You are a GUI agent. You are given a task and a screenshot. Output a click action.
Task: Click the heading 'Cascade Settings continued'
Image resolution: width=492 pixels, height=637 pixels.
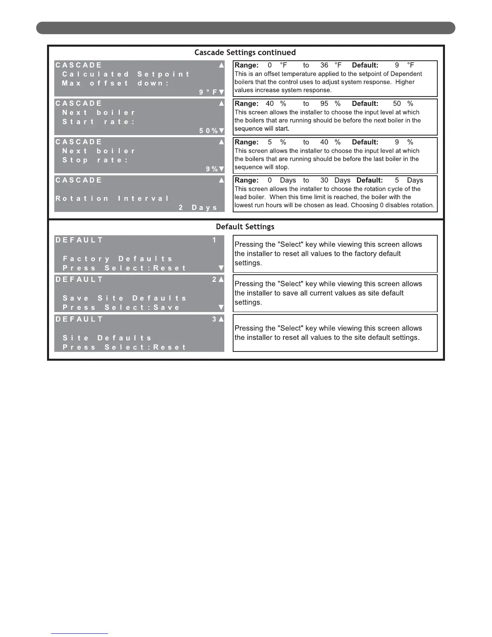click(245, 52)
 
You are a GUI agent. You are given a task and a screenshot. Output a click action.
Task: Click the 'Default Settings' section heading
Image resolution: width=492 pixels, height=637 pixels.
click(245, 226)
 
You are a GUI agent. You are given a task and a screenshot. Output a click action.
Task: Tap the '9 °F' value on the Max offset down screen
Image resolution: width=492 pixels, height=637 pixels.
click(208, 92)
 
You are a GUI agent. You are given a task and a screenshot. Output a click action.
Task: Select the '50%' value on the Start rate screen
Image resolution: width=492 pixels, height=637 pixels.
click(208, 131)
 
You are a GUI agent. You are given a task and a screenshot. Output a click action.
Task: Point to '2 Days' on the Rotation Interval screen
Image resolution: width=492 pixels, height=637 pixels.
click(198, 208)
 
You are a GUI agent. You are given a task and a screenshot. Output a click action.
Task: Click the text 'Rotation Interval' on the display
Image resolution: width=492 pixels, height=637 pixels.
click(112, 198)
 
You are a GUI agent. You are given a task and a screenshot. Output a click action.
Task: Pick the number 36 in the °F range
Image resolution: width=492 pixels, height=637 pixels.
click(324, 65)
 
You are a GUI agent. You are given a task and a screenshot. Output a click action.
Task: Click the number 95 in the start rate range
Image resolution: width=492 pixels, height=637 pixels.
click(324, 104)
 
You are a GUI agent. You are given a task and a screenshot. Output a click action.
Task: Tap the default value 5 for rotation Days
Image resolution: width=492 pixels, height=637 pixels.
click(397, 180)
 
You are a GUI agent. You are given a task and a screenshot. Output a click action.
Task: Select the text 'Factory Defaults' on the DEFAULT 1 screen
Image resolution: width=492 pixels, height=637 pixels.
click(118, 259)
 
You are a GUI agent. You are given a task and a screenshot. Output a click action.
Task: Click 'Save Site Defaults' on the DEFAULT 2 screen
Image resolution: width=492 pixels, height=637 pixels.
click(125, 298)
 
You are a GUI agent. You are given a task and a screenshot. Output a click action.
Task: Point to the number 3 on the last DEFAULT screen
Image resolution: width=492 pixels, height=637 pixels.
click(214, 319)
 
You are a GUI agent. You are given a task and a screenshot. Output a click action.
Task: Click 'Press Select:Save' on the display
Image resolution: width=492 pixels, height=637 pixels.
click(121, 308)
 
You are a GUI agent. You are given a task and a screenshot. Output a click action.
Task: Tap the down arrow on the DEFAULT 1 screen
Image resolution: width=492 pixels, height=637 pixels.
click(221, 268)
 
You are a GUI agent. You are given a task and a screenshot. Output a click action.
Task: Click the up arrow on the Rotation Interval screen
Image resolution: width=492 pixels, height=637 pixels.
click(221, 180)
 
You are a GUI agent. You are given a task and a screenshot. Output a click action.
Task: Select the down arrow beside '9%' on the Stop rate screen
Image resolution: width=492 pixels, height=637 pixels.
click(221, 169)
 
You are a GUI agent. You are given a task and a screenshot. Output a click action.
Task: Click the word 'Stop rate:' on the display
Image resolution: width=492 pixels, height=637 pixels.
click(95, 160)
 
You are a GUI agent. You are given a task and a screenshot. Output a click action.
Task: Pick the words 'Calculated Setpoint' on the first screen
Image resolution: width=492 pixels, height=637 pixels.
click(125, 74)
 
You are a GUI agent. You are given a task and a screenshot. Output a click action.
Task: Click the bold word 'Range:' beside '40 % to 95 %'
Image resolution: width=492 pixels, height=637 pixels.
click(246, 104)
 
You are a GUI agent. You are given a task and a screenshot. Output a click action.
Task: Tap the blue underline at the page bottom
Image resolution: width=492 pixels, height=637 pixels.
click(80, 634)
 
